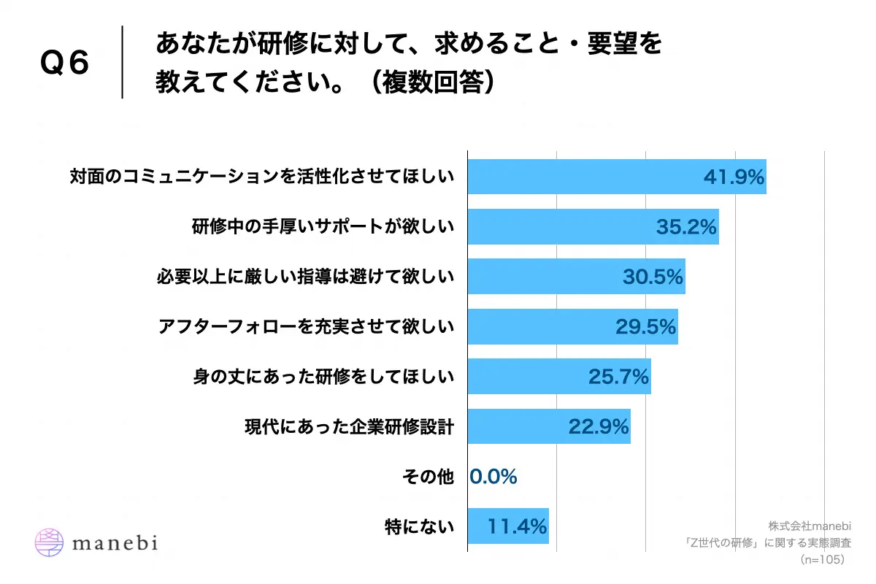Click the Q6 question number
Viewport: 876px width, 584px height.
click(x=64, y=64)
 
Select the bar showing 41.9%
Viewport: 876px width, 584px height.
click(x=617, y=177)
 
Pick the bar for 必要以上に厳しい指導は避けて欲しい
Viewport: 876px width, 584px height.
click(x=576, y=277)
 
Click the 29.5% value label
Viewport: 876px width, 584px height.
click(x=646, y=326)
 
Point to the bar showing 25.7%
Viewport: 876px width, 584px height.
click(x=558, y=377)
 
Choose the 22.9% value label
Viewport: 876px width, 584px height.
click(x=599, y=426)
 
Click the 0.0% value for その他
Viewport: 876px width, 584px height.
click(x=493, y=477)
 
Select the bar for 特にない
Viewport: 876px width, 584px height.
click(x=507, y=526)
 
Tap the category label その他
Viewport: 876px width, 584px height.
click(x=428, y=477)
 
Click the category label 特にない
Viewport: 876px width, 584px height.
click(x=420, y=526)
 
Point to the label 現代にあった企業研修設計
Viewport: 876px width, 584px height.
click(x=349, y=427)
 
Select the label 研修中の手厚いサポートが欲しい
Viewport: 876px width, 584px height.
click(x=323, y=227)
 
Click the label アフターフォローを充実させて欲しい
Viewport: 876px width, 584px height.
click(x=306, y=327)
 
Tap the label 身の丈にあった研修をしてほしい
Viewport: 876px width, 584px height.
click(x=323, y=377)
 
